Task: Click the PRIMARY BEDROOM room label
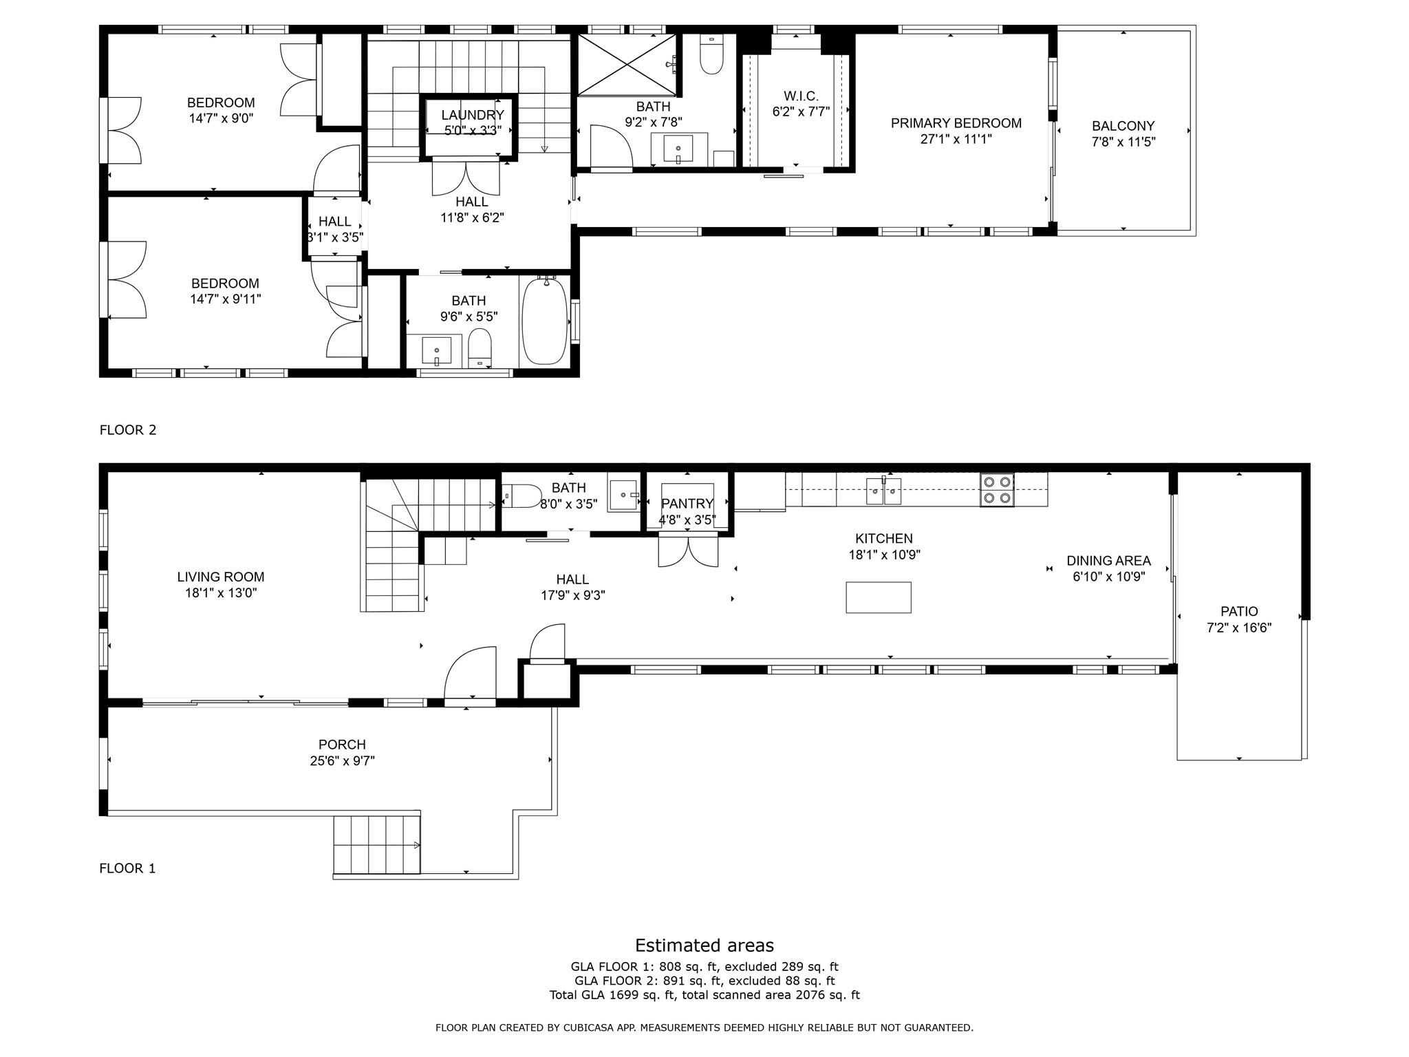(956, 123)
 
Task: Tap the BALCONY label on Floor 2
(1123, 126)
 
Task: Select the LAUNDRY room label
(473, 115)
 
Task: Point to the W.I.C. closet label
(801, 96)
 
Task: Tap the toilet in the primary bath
(711, 54)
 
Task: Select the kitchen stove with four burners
(998, 490)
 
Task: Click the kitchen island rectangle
(879, 597)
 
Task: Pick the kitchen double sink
(883, 491)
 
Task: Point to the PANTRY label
(687, 504)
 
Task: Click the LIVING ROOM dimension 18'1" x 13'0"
(221, 593)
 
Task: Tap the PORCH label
(342, 745)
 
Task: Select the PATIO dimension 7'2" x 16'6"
(1239, 628)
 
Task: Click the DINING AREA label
(1108, 561)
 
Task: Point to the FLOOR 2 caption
(128, 430)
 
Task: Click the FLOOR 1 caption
(127, 868)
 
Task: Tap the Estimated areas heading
(704, 946)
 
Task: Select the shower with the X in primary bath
(626, 64)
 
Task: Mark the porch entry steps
(377, 844)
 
